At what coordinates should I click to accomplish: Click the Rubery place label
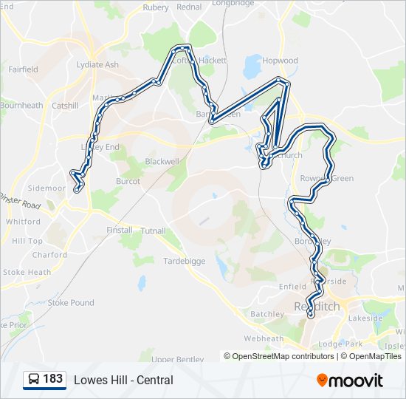click(x=156, y=7)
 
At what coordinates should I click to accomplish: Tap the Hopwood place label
click(x=280, y=61)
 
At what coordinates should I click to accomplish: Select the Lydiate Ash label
click(x=97, y=65)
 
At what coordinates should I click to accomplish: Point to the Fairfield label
click(x=23, y=69)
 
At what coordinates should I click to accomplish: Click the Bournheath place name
click(x=21, y=106)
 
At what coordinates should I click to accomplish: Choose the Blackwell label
click(x=162, y=161)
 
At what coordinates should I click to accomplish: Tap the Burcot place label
click(x=128, y=181)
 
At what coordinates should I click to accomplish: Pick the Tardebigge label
click(x=183, y=261)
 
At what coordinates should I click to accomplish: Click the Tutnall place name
click(x=154, y=231)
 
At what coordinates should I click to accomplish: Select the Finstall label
click(x=119, y=231)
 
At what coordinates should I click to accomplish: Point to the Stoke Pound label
click(x=71, y=303)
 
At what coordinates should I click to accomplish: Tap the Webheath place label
click(x=264, y=338)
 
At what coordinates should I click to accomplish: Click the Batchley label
click(x=267, y=314)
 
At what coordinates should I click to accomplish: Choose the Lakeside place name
click(x=365, y=318)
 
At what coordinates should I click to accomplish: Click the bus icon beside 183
click(x=33, y=380)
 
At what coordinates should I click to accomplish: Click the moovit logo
click(x=350, y=380)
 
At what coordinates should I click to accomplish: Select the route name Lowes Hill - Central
click(x=123, y=380)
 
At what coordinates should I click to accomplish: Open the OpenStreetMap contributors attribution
click(x=283, y=356)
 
